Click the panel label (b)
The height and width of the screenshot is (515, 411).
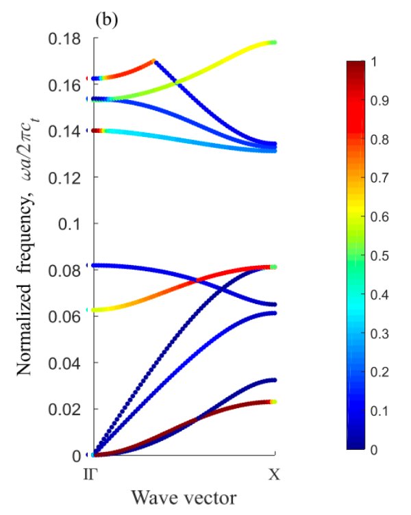(x=107, y=20)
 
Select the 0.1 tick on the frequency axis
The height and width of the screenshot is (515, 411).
(x=71, y=224)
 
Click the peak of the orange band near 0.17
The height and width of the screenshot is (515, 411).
(x=154, y=62)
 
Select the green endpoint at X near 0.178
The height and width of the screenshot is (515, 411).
(x=275, y=42)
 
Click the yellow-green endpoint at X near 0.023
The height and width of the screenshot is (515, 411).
(x=274, y=402)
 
